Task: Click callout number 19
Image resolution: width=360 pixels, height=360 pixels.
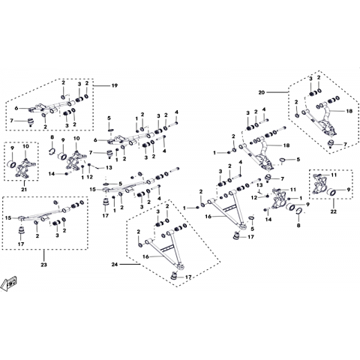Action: pyautogui.click(x=114, y=85)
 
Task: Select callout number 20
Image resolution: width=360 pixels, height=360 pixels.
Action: pyautogui.click(x=262, y=92)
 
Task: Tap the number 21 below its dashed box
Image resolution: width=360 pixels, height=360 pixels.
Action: pyautogui.click(x=24, y=190)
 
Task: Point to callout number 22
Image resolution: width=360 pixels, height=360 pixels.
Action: pyautogui.click(x=334, y=211)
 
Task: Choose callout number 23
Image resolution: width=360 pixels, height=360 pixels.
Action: pyautogui.click(x=43, y=265)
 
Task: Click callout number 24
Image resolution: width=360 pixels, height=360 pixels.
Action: pyautogui.click(x=115, y=264)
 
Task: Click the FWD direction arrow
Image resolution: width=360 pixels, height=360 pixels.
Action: pyautogui.click(x=8, y=283)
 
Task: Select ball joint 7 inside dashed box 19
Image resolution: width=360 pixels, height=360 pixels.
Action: pyautogui.click(x=31, y=121)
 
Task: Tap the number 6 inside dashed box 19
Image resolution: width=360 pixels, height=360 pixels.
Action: pyautogui.click(x=16, y=108)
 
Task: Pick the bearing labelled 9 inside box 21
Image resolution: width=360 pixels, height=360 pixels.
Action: pyautogui.click(x=12, y=165)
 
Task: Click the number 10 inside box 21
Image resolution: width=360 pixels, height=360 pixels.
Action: pyautogui.click(x=26, y=146)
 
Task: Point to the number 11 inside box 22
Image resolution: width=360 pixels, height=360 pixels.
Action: pyautogui.click(x=334, y=175)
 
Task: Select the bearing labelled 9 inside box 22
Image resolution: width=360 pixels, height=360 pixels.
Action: pyautogui.click(x=331, y=192)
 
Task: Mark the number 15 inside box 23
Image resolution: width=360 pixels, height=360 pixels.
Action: pyautogui.click(x=8, y=218)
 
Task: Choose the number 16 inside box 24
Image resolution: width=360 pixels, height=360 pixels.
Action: pyautogui.click(x=145, y=256)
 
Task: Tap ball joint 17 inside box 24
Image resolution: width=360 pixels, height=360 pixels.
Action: pyautogui.click(x=174, y=275)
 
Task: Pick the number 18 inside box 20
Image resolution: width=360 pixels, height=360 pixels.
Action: pyautogui.click(x=349, y=111)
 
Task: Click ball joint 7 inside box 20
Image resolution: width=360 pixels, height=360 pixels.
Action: pyautogui.click(x=331, y=144)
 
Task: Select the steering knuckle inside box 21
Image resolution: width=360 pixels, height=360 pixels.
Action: pyautogui.click(x=26, y=168)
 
